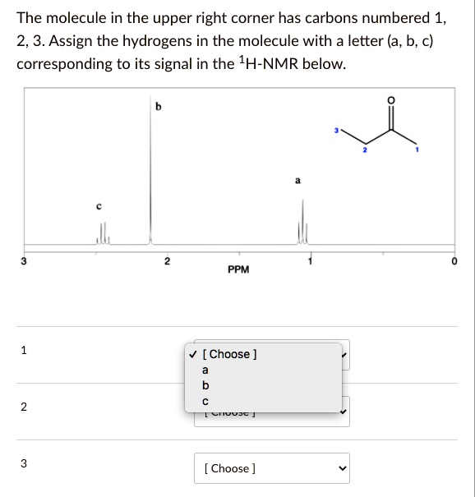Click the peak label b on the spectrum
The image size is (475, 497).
[159, 108]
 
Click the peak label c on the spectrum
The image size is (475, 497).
[99, 207]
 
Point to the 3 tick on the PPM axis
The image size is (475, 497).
[25, 262]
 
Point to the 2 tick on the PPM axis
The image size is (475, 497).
[167, 262]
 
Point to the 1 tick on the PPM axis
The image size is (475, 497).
[310, 262]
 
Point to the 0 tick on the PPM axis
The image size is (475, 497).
[452, 262]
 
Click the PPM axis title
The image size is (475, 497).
[239, 269]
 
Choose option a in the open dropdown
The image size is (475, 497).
[205, 370]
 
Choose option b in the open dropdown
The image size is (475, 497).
[205, 385]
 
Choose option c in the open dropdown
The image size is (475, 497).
[205, 400]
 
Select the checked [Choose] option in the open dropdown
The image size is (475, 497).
[229, 354]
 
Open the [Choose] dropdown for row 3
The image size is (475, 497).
[272, 468]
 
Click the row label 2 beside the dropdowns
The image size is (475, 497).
[24, 407]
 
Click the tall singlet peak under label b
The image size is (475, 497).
[150, 164]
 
